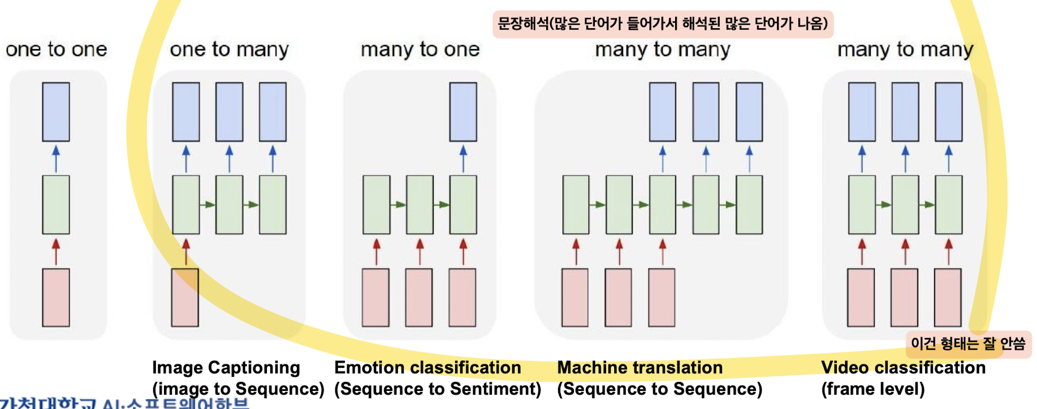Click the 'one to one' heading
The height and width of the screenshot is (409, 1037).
click(x=57, y=50)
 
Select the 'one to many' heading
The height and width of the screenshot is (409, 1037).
click(x=229, y=50)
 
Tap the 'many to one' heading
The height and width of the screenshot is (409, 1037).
click(x=420, y=50)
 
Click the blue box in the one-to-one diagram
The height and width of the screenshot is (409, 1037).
click(x=56, y=112)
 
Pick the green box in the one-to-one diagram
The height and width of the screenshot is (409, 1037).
click(x=56, y=204)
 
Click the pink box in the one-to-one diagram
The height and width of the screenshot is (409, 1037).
click(x=56, y=298)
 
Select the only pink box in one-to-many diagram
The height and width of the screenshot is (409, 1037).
click(x=185, y=298)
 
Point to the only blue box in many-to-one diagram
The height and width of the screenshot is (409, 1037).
click(x=463, y=112)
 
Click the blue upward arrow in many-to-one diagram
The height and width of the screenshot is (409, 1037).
click(x=463, y=159)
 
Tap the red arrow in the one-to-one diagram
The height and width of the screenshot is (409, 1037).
click(x=56, y=251)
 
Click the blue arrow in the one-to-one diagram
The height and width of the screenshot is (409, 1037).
click(x=56, y=159)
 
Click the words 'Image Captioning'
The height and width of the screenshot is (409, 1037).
click(x=226, y=368)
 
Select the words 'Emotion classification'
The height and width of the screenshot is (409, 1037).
click(x=427, y=368)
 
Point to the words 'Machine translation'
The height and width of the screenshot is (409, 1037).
click(x=640, y=368)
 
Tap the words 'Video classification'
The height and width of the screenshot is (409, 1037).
click(x=903, y=368)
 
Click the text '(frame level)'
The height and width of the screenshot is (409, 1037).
click(x=873, y=389)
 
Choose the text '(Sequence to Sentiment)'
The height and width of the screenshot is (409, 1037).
click(x=438, y=389)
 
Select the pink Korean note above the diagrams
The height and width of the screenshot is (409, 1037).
click(x=663, y=24)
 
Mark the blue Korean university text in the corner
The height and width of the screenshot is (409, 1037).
click(x=124, y=403)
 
